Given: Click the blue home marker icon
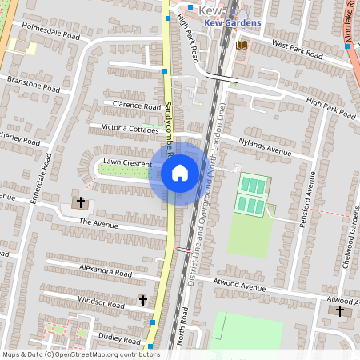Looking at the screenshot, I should [180, 173].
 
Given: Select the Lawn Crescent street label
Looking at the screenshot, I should [126, 163].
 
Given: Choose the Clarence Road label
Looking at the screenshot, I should [137, 106].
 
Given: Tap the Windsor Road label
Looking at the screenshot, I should [101, 302].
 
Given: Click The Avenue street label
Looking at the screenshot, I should [98, 222].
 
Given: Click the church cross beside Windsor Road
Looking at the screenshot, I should [142, 300].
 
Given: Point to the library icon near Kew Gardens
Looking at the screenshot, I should [241, 46].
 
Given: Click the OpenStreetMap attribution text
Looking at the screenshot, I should [80, 354].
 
